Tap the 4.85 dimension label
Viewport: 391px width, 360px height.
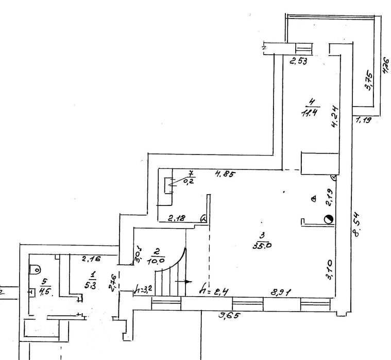tap(225, 175)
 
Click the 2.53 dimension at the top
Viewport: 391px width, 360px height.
tap(298, 62)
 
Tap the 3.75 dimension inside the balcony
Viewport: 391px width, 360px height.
tap(369, 80)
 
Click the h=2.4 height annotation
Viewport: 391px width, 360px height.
tap(213, 291)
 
